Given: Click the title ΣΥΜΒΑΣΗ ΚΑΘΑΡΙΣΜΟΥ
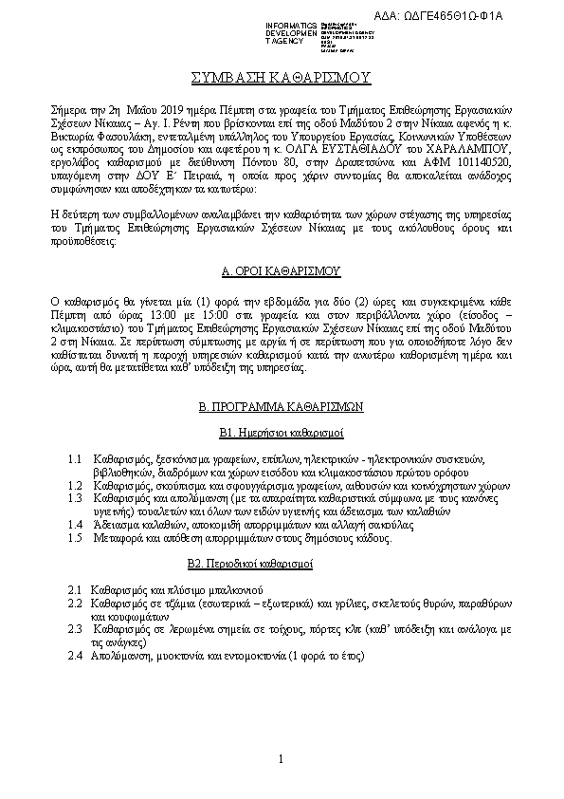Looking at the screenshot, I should pos(281,77).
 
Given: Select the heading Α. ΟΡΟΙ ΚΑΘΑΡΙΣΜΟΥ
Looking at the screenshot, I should pos(281,270).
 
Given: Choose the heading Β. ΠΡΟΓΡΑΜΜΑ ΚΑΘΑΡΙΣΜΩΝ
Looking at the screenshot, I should pos(281,406).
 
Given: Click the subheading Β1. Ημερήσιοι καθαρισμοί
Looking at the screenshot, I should pos(281,432).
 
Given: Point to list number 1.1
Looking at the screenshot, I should pos(76,458).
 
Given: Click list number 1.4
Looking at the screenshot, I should pos(76,524).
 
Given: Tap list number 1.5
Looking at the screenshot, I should pos(76,537).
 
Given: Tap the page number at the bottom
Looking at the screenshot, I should pos(282,758).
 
